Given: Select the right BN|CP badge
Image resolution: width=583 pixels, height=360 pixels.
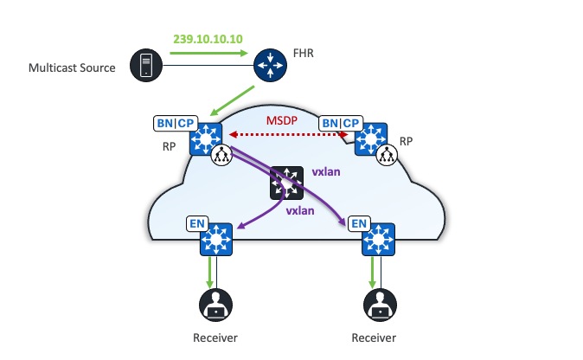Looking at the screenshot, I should point(341,124).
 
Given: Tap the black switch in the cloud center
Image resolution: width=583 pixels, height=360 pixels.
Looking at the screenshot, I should point(285,183).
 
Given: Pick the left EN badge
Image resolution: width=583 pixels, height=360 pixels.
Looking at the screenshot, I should point(197,224).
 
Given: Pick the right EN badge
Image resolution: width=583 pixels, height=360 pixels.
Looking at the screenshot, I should point(359,224).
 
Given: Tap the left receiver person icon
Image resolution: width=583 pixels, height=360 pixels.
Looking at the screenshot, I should point(215,306).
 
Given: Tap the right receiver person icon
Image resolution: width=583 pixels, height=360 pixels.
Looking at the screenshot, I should point(378,306).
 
